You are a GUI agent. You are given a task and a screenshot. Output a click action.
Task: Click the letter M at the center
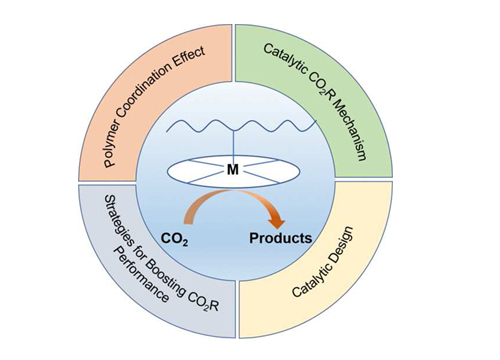[232, 171]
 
